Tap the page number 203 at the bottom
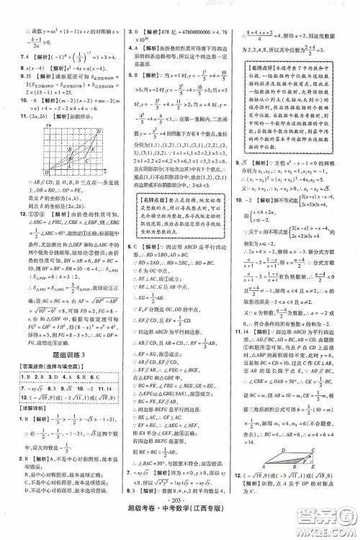click(x=180, y=516)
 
